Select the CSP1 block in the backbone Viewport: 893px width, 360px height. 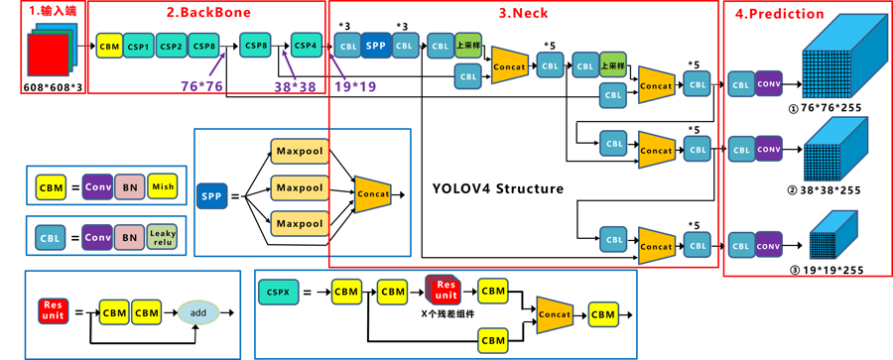tap(139, 46)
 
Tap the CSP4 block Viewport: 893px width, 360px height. tap(307, 46)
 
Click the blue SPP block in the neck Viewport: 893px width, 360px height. tap(375, 45)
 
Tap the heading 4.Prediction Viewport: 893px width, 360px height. tap(779, 14)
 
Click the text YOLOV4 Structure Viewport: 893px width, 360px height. tap(498, 188)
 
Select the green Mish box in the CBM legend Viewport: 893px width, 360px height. tap(162, 185)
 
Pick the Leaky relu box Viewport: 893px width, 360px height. tap(162, 238)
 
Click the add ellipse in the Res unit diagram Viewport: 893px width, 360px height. tap(198, 312)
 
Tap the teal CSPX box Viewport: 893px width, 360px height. tap(279, 292)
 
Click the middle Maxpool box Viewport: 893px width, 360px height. tap(299, 187)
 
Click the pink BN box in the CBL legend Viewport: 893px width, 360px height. tap(128, 238)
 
